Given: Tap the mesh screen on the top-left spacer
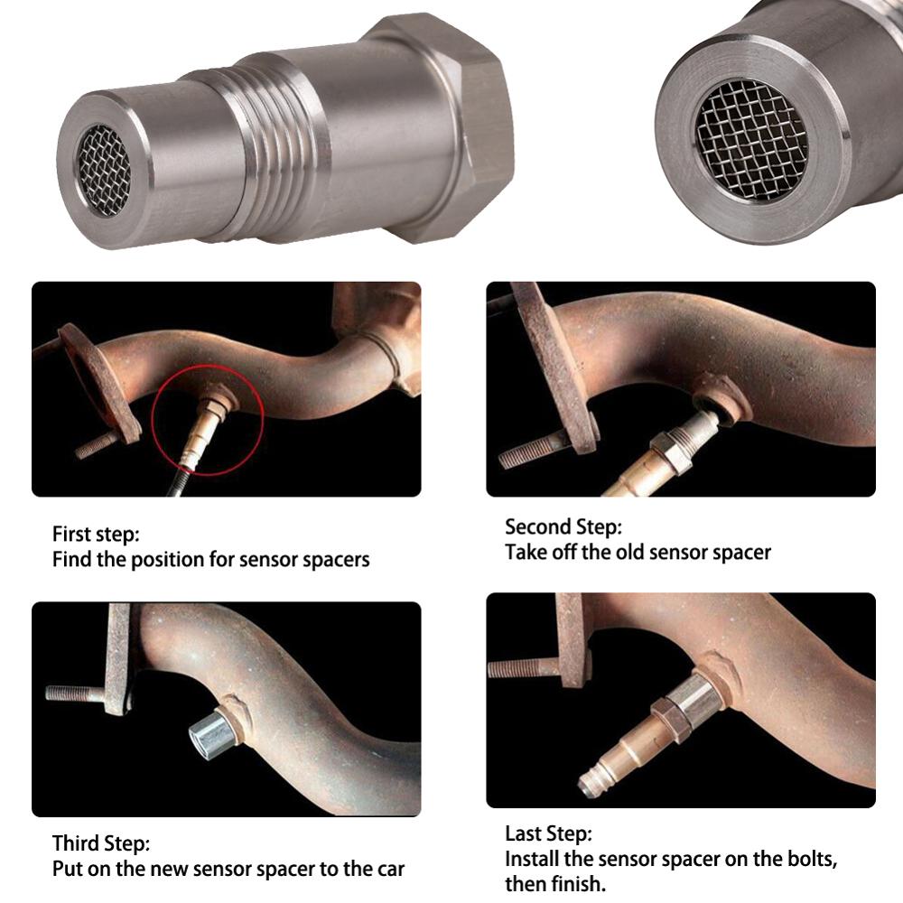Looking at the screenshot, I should point(104,170).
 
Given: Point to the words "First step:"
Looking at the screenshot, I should point(96,534).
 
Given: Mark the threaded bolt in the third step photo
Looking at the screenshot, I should point(77,694).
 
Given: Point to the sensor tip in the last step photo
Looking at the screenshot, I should point(591,784).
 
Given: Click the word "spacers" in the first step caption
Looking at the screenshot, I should point(334,560).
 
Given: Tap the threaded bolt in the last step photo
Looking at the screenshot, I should point(523,668).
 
